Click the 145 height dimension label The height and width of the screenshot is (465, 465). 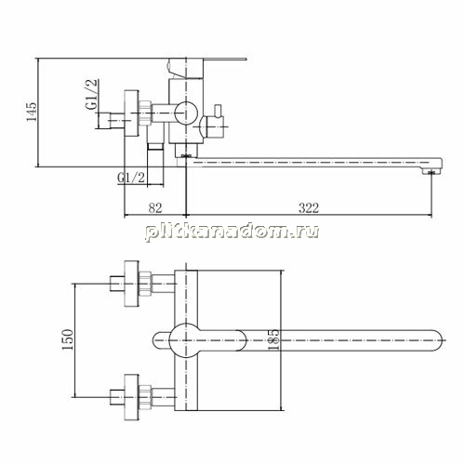[32, 112]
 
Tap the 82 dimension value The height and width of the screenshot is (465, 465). [155, 207]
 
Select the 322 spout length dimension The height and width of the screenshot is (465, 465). [309, 207]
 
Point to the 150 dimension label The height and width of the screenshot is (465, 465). [68, 339]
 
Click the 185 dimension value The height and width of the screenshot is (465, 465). [273, 339]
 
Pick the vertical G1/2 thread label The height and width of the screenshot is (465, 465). [92, 94]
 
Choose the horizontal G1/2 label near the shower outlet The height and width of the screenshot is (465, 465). [131, 178]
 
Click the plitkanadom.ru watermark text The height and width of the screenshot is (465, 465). [232, 232]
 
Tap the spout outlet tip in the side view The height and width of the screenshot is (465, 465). [432, 171]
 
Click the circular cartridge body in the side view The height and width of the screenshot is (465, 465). [186, 113]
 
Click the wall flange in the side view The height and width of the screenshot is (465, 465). [131, 113]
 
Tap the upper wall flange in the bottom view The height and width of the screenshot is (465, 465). [131, 284]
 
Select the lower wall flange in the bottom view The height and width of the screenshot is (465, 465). [131, 397]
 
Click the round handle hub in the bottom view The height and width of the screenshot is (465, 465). [186, 340]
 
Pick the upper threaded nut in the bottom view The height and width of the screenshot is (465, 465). [145, 284]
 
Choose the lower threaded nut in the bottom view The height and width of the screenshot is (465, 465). [145, 397]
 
